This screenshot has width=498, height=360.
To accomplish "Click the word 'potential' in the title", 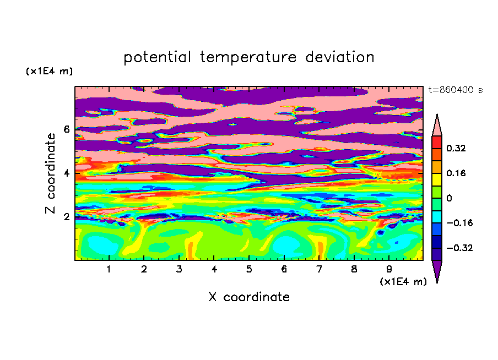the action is [157, 57].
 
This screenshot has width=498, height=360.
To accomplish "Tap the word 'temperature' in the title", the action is [248, 57].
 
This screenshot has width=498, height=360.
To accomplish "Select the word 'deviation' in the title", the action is [340, 57].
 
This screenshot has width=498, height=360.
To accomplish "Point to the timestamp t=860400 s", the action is [456, 90].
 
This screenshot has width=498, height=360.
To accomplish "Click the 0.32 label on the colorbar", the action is [456, 148].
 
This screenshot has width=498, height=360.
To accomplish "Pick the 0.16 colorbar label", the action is [456, 173].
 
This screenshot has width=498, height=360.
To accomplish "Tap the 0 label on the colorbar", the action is [449, 198].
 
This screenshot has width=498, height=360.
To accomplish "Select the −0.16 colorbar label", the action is [459, 223].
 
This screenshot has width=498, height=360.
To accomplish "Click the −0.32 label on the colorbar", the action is [459, 248].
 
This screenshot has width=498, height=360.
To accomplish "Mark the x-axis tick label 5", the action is [249, 269].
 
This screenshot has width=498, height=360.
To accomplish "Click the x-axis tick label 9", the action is [389, 269].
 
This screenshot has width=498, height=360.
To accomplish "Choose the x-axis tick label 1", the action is [109, 269].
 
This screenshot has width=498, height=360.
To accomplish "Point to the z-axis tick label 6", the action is [66, 129].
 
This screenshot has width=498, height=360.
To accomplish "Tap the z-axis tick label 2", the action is [66, 217].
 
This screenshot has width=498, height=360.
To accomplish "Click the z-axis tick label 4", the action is [66, 173].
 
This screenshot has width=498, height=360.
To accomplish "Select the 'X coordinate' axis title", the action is [249, 297].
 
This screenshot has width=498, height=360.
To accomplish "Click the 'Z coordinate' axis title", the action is [50, 173].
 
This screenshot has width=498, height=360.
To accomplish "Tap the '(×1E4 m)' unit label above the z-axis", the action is [49, 71].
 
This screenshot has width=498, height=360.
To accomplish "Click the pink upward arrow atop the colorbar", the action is [437, 125].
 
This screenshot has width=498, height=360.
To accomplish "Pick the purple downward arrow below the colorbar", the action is [437, 271].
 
